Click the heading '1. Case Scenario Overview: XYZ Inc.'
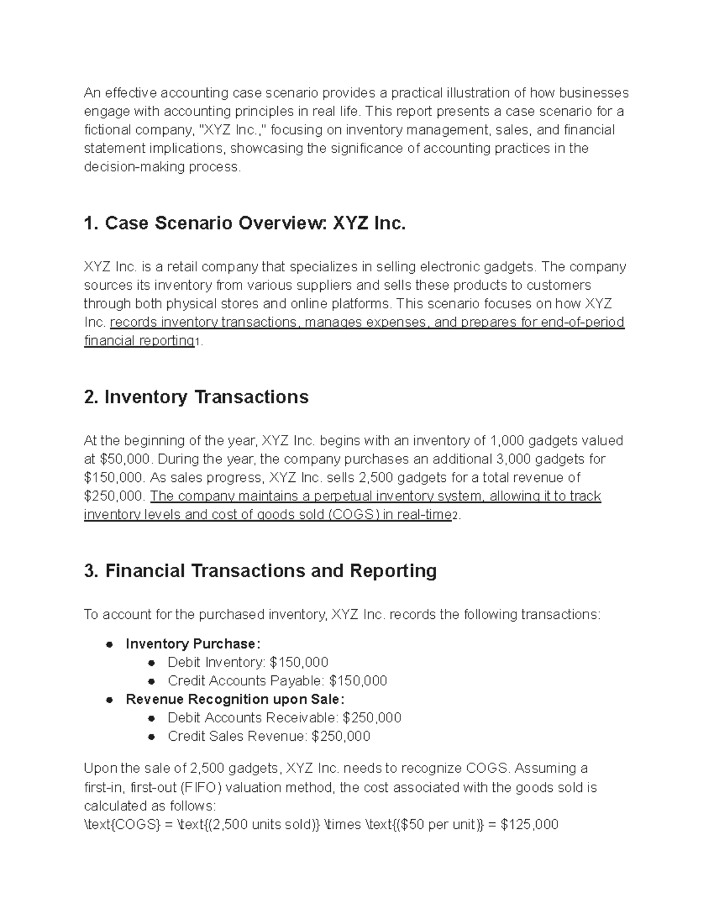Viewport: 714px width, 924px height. pos(245,224)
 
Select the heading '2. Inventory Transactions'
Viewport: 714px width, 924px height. pos(196,397)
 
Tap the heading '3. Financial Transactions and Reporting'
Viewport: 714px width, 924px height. pos(261,571)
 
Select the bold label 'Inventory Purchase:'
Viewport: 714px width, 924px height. pos(193,644)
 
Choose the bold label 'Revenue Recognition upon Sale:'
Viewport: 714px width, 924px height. pos(235,699)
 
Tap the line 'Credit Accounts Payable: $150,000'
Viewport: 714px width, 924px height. pos(277,681)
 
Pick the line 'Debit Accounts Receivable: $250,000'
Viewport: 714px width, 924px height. pos(284,718)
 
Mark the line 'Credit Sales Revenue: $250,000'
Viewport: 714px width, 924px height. pos(269,737)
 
